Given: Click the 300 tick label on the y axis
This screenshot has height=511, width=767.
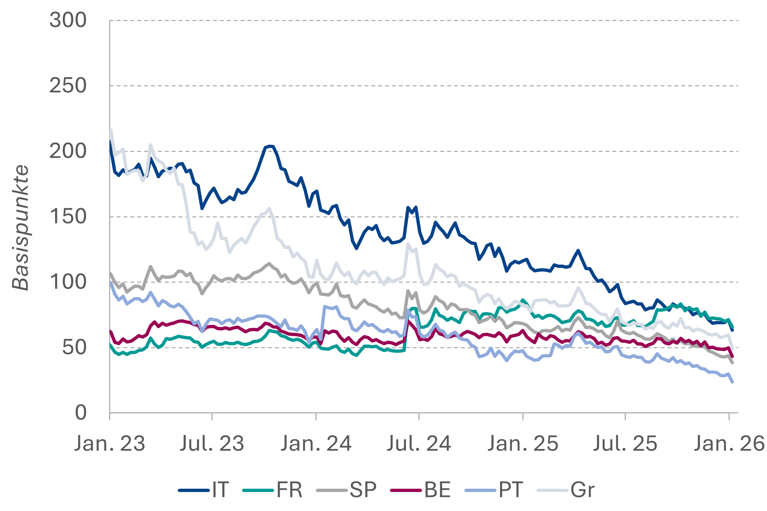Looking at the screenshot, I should click(x=68, y=20).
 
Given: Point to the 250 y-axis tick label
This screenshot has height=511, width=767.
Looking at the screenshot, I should click(x=68, y=86).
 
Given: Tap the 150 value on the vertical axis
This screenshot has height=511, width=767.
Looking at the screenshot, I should click(x=68, y=217).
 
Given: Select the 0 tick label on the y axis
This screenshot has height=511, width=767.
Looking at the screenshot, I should click(x=81, y=413).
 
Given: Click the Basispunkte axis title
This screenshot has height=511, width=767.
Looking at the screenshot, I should click(x=20, y=227).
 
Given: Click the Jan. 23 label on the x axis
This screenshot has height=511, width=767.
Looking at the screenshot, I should click(x=110, y=444).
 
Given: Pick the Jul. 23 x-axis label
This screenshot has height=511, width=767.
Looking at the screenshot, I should click(x=212, y=444).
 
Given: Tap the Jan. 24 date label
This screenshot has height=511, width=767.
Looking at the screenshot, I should click(x=316, y=444).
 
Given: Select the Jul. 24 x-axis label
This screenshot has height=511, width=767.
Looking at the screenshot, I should click(x=419, y=444).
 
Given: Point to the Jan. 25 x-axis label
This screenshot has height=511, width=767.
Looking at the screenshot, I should click(x=523, y=444).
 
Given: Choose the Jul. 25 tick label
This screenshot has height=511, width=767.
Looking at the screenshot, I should click(x=625, y=444).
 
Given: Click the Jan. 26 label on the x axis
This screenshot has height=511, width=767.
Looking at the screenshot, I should click(x=729, y=444).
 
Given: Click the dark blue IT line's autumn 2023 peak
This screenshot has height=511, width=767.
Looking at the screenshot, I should click(x=270, y=146).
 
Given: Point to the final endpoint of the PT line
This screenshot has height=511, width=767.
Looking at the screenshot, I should click(x=732, y=382).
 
